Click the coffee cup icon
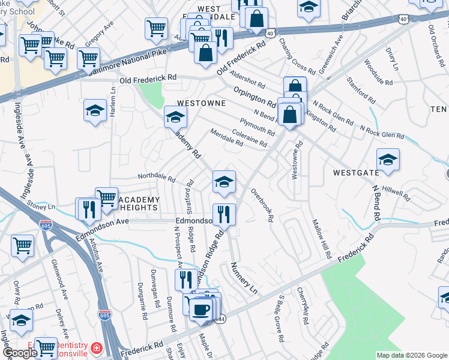[x=201, y=310]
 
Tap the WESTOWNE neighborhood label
[x=200, y=103]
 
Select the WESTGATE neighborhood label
[x=356, y=173]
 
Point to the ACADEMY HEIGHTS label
[x=138, y=203]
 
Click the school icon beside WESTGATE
[x=388, y=160]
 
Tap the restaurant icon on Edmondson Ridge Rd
[x=224, y=214]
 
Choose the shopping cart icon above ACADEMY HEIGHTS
[x=106, y=197]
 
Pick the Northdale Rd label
[x=156, y=178]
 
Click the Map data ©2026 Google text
[x=411, y=355]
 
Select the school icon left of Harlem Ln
[x=95, y=111]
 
